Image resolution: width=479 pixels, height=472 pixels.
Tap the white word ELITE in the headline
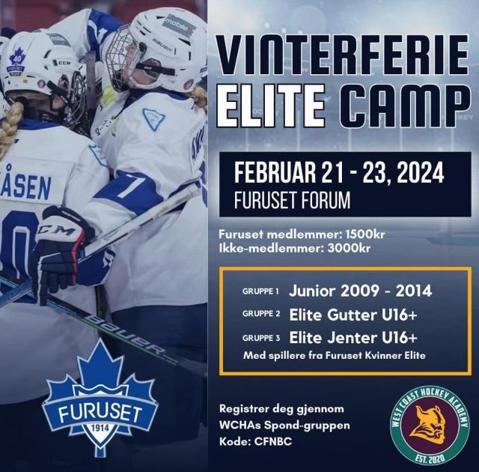[x=271, y=106]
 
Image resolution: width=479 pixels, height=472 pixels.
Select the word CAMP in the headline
[x=405, y=106]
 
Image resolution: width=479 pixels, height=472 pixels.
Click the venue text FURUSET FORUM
[x=293, y=200]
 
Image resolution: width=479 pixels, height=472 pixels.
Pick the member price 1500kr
[x=365, y=235]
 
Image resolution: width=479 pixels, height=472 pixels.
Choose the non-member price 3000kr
[x=349, y=248]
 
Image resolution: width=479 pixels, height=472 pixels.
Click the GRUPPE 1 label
[x=260, y=291]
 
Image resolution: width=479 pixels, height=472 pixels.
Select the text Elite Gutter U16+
[x=353, y=315]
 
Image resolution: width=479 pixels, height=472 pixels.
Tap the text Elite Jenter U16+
[x=353, y=338]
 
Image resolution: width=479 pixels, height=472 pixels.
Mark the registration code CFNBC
[x=273, y=441]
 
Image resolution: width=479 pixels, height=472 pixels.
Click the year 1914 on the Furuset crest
[x=100, y=428]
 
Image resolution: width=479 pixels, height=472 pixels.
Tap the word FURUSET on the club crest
[x=100, y=414]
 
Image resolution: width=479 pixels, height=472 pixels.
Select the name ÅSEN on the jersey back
[x=27, y=185]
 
